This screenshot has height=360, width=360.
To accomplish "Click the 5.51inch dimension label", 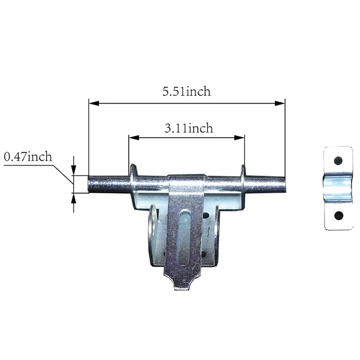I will (187, 91).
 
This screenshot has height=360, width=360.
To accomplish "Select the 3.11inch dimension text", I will (189, 128).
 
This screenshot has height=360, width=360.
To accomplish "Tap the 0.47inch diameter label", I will (28, 157).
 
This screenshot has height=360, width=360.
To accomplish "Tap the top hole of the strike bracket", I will (338, 160).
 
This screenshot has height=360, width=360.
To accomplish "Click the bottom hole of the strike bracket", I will (338, 216).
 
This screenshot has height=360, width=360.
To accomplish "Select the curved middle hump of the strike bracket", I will (338, 187).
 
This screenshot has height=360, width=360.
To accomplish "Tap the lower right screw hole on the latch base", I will (204, 254).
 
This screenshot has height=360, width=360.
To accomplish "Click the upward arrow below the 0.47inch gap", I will (74, 197).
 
